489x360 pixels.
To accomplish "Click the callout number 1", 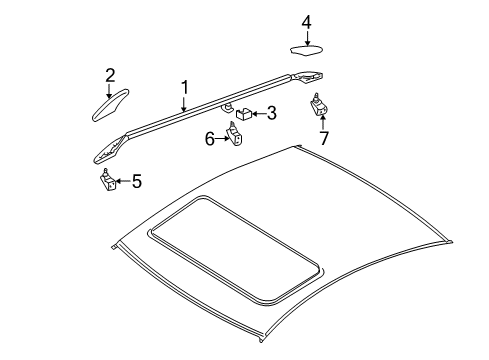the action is coord(185,88).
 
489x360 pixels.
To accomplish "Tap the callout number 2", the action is coord(110,75).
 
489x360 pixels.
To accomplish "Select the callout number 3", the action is coord(272,113).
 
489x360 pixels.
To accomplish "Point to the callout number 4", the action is coord(307,23).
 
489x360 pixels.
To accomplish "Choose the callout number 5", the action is coord(137,181).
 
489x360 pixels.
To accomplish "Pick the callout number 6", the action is coord(209,139).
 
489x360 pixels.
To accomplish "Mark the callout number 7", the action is coord(324,138).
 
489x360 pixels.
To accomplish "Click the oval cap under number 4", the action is coord(306,51).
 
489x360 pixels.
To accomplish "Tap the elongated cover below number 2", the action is coord(110,105).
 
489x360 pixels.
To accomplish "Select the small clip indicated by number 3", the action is coord(244,113).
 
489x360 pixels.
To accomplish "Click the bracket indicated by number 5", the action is coord(108,180).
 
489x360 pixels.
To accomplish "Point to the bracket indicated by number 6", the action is coord(234,134).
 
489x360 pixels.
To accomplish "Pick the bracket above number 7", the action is coord(319,104).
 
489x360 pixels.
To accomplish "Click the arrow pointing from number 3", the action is coord(259,114).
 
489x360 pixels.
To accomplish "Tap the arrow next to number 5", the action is coord(124,181).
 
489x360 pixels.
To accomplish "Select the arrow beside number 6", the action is coord(222,139).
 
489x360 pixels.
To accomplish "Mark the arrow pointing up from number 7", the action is coord(323,122).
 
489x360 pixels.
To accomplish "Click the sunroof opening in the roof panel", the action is coord(235,250).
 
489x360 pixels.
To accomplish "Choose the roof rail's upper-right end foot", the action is coord(307,77).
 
